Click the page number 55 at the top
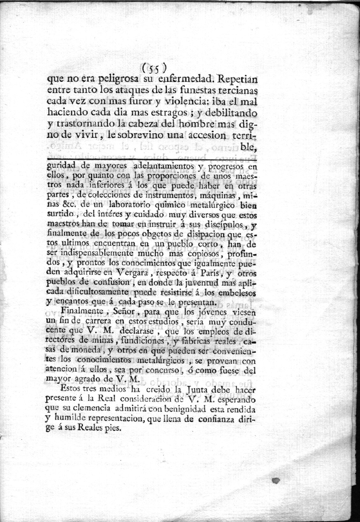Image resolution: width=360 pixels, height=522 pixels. coord(153,68)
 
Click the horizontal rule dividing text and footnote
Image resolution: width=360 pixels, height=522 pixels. coord(151,158)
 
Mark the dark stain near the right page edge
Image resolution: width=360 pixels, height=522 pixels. coord(277,480)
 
